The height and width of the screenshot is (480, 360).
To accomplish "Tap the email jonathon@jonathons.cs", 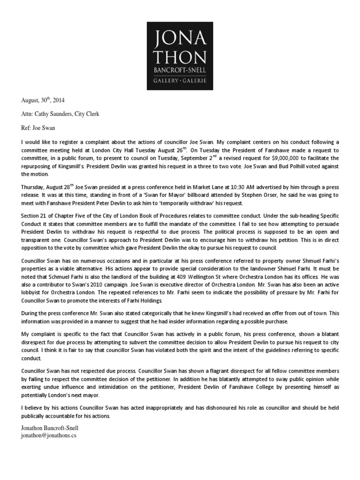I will pos(48,435).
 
